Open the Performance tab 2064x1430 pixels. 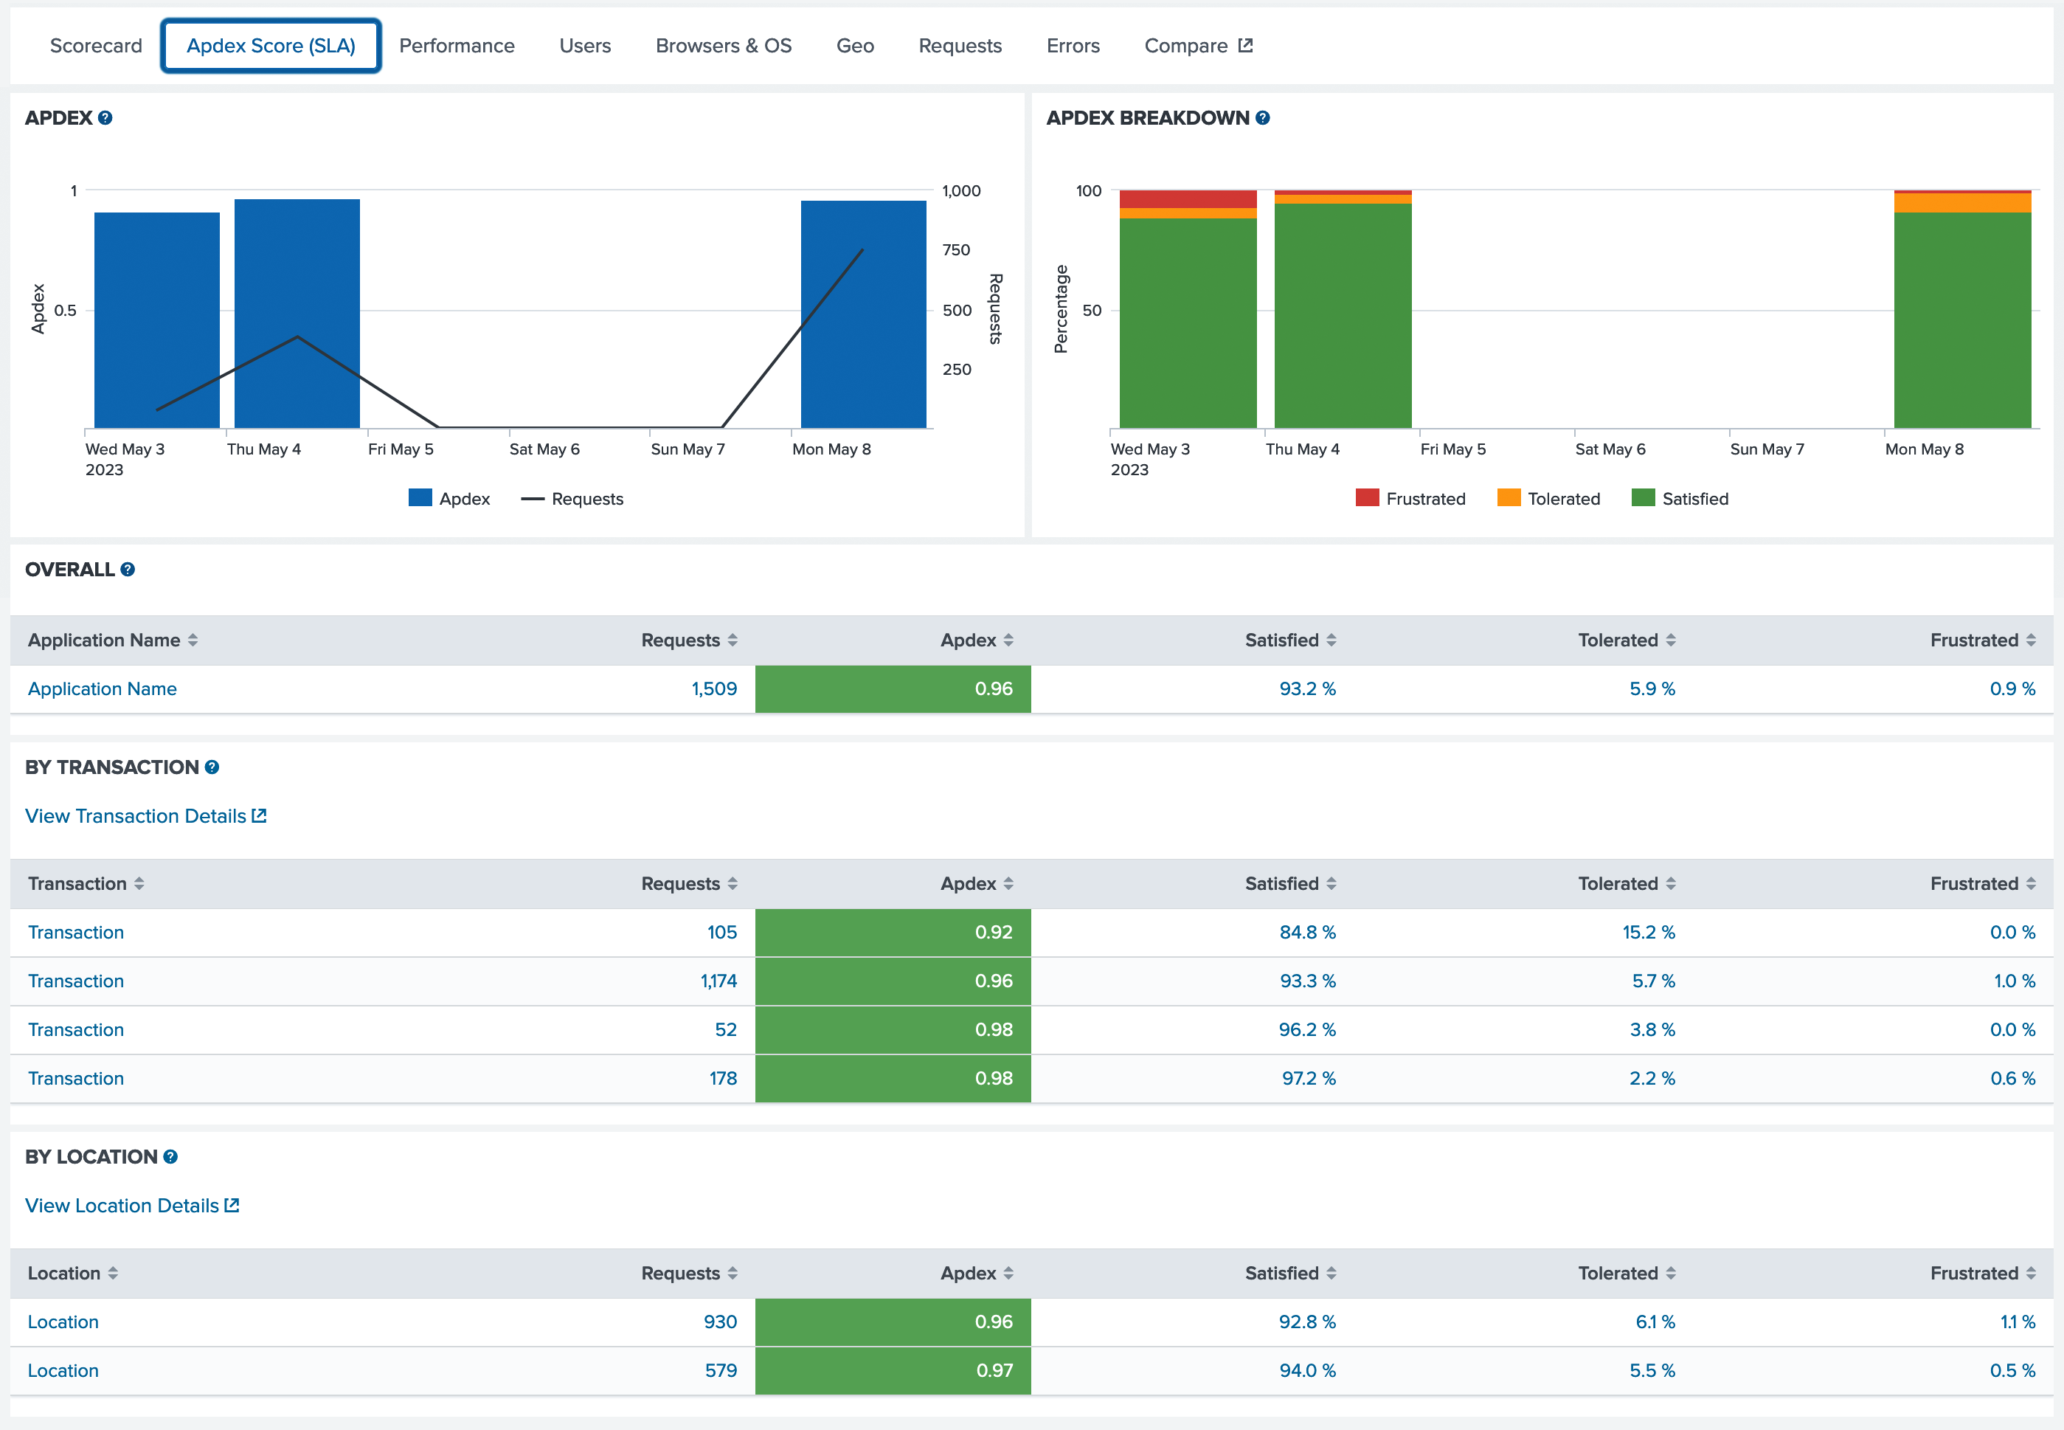456,46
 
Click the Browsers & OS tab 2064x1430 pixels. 723,46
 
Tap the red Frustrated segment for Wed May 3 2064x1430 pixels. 1187,199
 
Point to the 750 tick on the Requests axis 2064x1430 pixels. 956,250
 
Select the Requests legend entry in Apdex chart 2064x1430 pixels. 572,499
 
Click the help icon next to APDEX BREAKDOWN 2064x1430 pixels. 1262,118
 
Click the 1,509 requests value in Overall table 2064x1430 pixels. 713,689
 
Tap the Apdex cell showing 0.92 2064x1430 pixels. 893,933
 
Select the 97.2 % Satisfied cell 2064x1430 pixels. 1308,1079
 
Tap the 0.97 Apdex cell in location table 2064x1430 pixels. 893,1371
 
